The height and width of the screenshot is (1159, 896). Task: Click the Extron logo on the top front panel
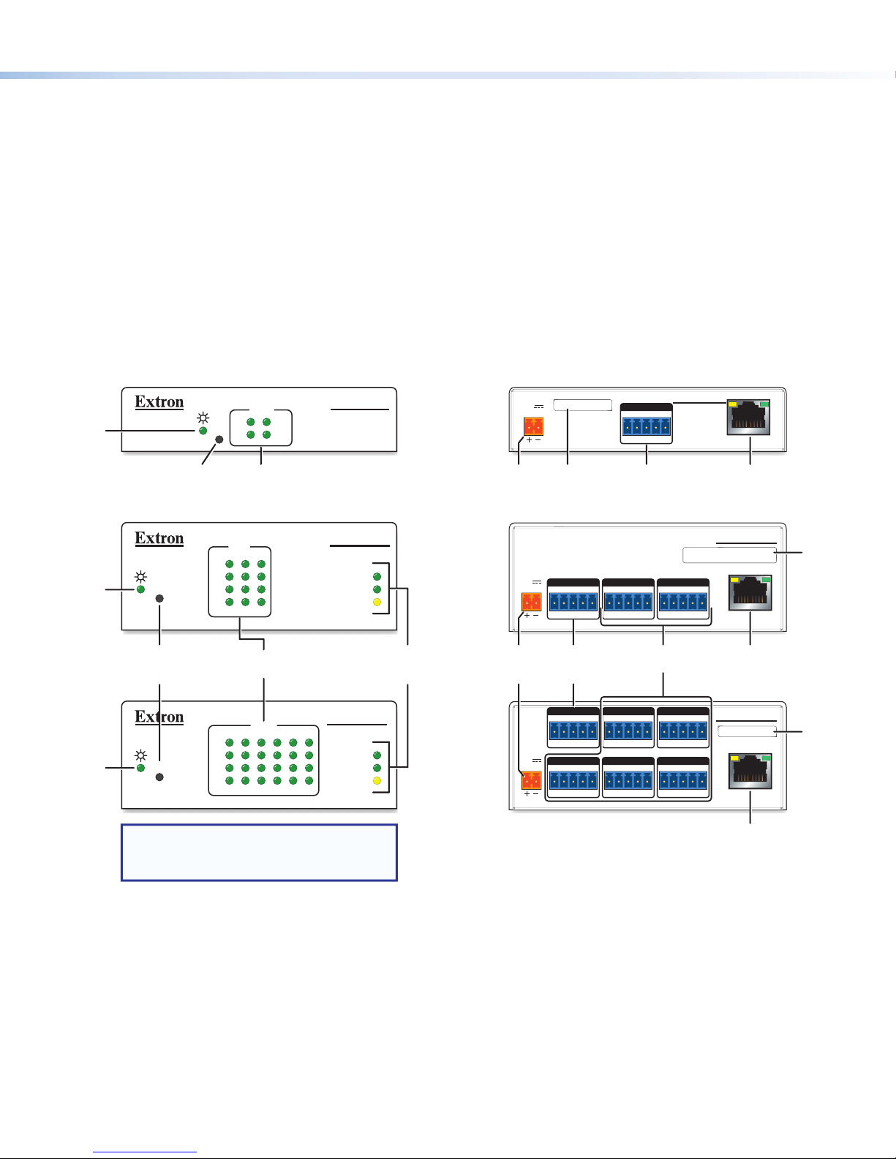point(159,402)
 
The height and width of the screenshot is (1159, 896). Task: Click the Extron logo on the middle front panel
point(159,539)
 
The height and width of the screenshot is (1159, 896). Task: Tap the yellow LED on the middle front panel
point(377,603)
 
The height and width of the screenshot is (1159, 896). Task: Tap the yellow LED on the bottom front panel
point(377,781)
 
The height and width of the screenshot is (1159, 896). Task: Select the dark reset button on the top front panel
point(219,440)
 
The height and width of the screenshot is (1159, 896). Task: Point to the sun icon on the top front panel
point(203,418)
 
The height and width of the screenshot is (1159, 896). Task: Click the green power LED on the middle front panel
point(140,589)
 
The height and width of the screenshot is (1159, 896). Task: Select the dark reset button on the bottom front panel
point(159,777)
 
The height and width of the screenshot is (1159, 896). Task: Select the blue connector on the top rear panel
point(647,426)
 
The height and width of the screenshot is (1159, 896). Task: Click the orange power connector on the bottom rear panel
point(532,780)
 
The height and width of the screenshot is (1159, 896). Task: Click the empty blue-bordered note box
point(259,853)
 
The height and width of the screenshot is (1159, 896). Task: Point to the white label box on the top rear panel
point(582,405)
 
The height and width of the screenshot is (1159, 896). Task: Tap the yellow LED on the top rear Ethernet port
point(733,404)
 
